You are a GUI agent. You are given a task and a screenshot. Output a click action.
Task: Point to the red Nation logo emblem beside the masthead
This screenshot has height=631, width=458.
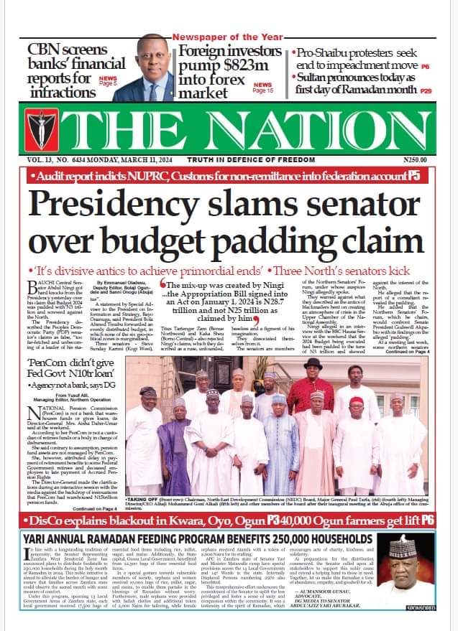click(x=35, y=131)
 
